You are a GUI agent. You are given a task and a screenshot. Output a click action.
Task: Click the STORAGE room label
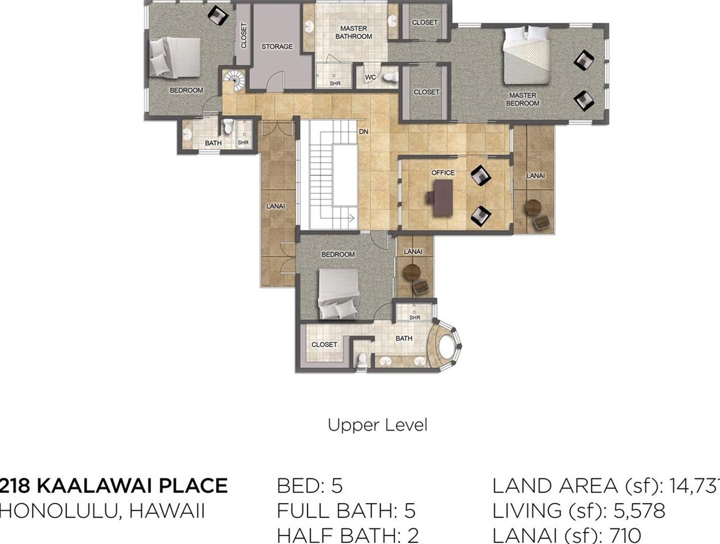[x=277, y=46]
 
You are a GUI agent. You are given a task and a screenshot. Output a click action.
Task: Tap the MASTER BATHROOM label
[x=353, y=32]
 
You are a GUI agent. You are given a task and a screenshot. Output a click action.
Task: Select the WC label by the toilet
[x=371, y=77]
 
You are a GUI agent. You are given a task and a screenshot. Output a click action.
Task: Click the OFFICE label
[x=442, y=173]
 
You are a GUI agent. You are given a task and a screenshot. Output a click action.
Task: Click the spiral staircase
[x=235, y=81]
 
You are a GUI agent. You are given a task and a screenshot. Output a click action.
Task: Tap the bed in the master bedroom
[x=527, y=55]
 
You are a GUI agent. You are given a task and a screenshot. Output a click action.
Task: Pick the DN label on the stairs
[x=364, y=132]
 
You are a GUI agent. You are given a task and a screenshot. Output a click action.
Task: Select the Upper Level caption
[x=377, y=425]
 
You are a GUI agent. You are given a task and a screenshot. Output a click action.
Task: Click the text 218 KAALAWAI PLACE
[x=114, y=486]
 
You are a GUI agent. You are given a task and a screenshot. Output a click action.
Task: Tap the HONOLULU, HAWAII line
[x=102, y=511]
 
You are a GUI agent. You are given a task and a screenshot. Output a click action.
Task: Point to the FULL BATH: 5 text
[x=346, y=511]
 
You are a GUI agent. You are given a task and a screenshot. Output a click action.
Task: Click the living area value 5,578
[x=639, y=511]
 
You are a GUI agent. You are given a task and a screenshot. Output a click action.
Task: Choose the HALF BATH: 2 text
[x=347, y=536]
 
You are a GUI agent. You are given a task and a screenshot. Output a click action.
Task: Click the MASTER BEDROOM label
[x=523, y=99]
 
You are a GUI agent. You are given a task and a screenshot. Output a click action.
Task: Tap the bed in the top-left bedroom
[x=175, y=57]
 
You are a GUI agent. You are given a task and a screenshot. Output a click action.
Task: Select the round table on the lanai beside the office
[x=533, y=207]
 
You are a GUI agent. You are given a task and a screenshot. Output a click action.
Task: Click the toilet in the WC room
[x=391, y=77]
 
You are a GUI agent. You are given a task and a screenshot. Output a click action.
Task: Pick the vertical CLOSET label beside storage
[x=244, y=36]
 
